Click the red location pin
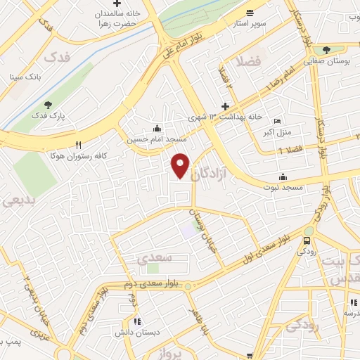181,165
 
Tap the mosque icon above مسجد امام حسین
155,129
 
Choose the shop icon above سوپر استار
250,13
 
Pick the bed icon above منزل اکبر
276,121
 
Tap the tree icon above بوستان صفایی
326,50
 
